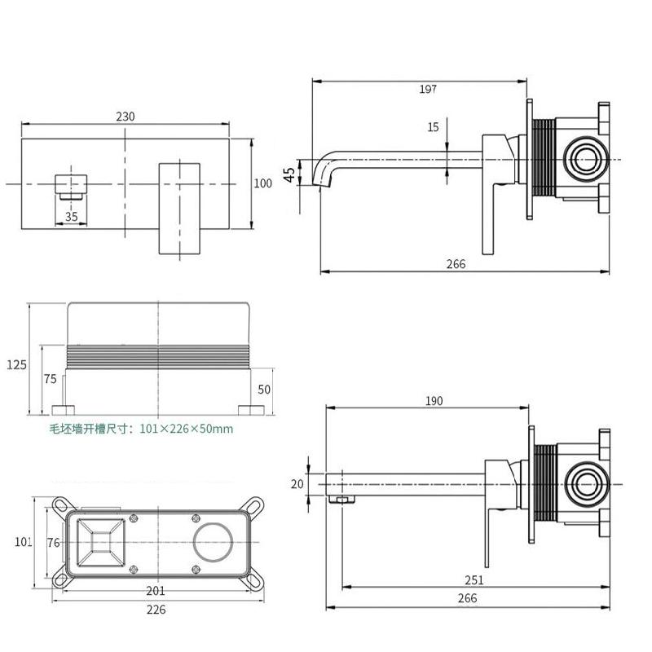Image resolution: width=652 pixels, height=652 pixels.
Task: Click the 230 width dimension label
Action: [126, 117]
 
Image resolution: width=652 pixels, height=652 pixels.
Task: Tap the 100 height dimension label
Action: [262, 183]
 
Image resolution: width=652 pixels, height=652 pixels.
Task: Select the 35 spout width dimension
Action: [72, 216]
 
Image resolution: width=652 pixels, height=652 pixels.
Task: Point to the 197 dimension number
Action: [428, 89]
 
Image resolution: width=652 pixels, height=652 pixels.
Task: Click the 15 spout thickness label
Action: [433, 127]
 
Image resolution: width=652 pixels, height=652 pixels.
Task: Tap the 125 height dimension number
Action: [16, 364]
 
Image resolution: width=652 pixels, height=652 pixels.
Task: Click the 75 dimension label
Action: [50, 379]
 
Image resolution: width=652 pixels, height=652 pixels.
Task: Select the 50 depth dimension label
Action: [264, 390]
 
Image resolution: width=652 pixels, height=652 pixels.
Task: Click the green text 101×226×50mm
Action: [187, 429]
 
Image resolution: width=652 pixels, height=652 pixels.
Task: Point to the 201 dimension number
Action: [155, 590]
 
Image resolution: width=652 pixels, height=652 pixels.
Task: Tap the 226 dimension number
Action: [156, 610]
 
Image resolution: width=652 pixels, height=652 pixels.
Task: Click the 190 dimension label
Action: [434, 401]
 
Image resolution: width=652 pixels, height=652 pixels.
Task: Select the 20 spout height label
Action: [297, 484]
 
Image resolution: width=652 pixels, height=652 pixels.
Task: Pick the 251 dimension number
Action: [474, 580]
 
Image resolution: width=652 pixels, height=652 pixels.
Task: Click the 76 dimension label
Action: [53, 543]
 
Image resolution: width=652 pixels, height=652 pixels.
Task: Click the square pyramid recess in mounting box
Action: [101, 543]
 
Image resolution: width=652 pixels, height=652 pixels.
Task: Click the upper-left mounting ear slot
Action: [62, 505]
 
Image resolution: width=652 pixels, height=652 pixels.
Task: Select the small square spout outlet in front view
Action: [71, 185]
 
